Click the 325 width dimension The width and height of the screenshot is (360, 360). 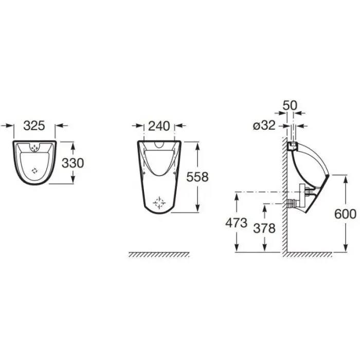click(x=34, y=125)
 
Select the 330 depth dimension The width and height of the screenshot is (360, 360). click(x=73, y=163)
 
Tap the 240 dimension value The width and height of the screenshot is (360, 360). click(x=159, y=126)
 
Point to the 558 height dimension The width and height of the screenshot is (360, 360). click(x=197, y=177)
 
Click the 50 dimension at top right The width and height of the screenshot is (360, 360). click(x=290, y=105)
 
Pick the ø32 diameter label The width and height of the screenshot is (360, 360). click(x=264, y=125)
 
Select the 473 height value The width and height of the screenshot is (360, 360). click(x=236, y=223)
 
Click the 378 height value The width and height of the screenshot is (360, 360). click(x=264, y=228)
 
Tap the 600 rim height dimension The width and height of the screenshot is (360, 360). click(x=345, y=214)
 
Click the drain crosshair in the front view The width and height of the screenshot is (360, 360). click(x=159, y=203)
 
